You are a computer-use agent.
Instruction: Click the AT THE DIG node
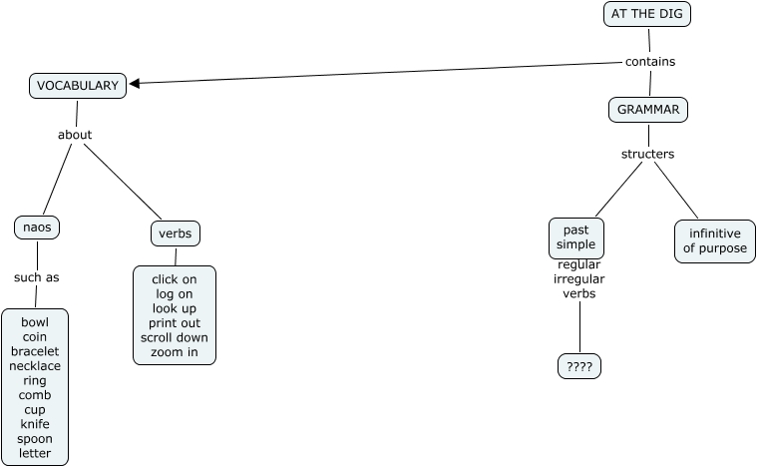[x=646, y=14]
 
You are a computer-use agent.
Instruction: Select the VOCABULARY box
[x=78, y=86]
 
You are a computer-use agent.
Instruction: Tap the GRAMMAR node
[x=648, y=110]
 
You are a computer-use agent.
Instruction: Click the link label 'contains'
[x=650, y=62]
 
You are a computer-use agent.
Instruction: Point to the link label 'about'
[x=75, y=135]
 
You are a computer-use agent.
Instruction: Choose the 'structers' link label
[x=648, y=154]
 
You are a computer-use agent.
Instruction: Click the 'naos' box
[x=37, y=228]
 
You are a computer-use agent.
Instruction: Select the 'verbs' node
[x=176, y=233]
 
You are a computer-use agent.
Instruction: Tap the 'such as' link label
[x=37, y=277]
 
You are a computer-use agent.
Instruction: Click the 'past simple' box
[x=576, y=237]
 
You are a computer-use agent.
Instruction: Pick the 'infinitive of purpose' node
[x=715, y=241]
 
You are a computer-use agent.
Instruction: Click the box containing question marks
[x=579, y=367]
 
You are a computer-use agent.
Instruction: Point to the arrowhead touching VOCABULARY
[x=136, y=84]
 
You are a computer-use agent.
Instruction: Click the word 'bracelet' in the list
[x=35, y=351]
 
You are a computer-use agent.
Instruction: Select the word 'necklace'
[x=35, y=366]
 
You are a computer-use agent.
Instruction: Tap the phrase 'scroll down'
[x=175, y=338]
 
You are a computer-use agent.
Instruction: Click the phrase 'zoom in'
[x=175, y=352]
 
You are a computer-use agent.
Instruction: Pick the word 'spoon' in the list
[x=35, y=439]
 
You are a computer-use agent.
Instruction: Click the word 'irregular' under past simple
[x=579, y=279]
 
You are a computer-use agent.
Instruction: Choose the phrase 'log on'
[x=175, y=294]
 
